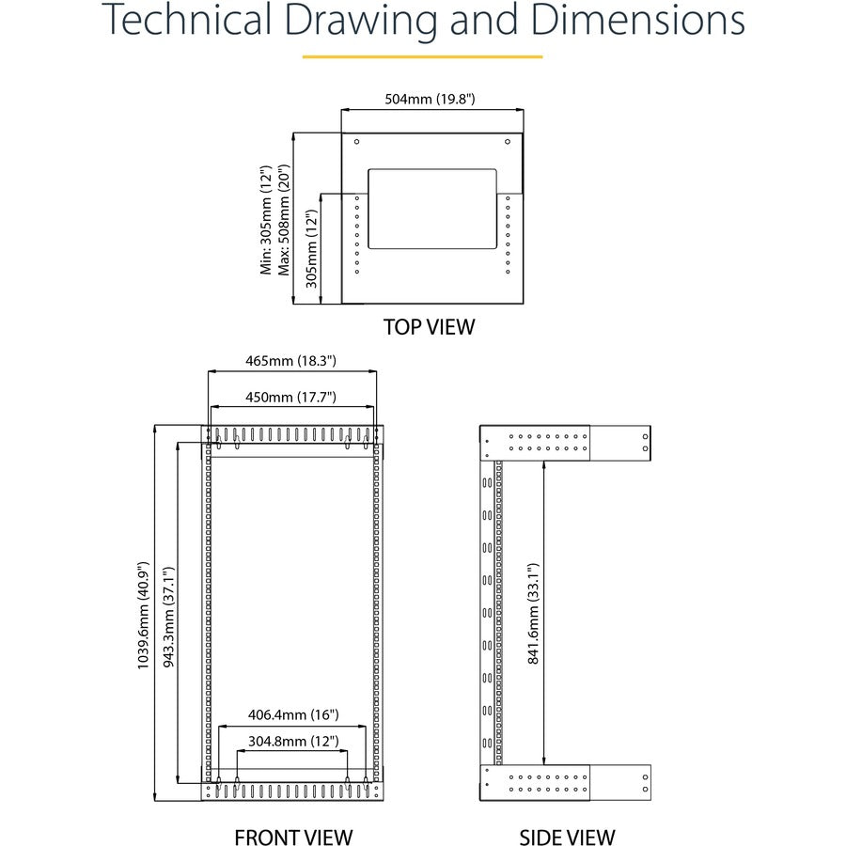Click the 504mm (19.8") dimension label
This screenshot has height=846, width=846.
(431, 99)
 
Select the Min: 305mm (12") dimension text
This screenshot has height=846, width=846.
(266, 222)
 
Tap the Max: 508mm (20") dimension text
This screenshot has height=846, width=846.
(282, 222)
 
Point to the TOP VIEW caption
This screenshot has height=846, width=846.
(429, 327)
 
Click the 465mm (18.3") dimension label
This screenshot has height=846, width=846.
(291, 360)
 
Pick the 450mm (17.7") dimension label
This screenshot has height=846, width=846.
(291, 397)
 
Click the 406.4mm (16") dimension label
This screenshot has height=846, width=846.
(293, 715)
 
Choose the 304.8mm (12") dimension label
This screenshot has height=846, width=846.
(293, 741)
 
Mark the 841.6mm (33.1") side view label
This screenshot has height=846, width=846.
(533, 615)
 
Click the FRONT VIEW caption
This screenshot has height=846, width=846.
(293, 837)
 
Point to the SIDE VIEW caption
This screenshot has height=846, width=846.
(567, 837)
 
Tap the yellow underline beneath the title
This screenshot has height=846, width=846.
(422, 57)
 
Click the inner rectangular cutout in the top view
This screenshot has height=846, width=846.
(431, 208)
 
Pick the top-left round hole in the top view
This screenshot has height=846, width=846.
(357, 142)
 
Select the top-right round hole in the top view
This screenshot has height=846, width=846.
(508, 142)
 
